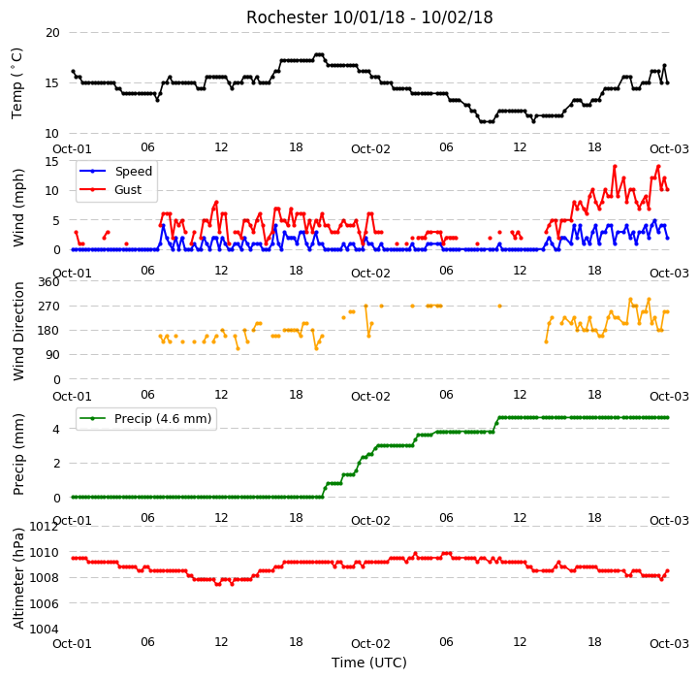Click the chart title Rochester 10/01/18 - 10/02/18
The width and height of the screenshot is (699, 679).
pyautogui.click(x=369, y=17)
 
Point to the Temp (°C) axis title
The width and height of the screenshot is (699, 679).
pyautogui.click(x=16, y=83)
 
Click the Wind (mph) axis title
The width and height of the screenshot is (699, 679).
pyautogui.click(x=17, y=208)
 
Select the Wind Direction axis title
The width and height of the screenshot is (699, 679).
pyautogui.click(x=17, y=332)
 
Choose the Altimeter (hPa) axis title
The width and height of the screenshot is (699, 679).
pyautogui.click(x=17, y=579)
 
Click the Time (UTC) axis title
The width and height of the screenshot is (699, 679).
pyautogui.click(x=369, y=663)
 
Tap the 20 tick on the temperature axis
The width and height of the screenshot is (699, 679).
pyautogui.click(x=52, y=33)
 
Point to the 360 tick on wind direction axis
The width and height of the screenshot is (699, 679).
pyautogui.click(x=49, y=282)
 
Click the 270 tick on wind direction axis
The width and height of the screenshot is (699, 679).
pyautogui.click(x=49, y=307)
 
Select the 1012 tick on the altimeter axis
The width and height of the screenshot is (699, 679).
pyautogui.click(x=45, y=527)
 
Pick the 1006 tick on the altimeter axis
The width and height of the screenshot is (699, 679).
pyautogui.click(x=45, y=603)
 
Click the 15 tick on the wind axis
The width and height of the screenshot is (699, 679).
pyautogui.click(x=52, y=161)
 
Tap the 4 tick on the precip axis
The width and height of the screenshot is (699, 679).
pyautogui.click(x=56, y=429)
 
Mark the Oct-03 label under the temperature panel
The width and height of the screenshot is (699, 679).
pyautogui.click(x=669, y=149)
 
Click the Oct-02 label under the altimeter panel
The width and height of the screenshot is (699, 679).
pyautogui.click(x=370, y=644)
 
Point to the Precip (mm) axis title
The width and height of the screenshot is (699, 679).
pyautogui.click(x=17, y=455)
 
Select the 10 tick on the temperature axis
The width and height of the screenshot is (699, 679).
pyautogui.click(x=52, y=134)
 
